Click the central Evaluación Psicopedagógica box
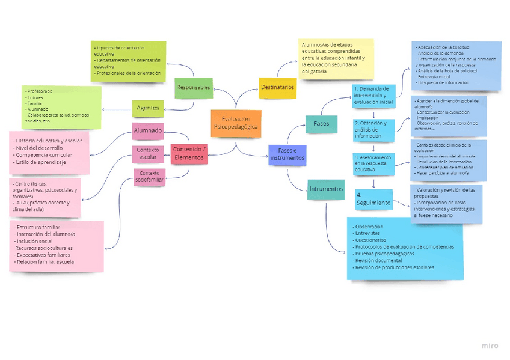[x=236, y=123]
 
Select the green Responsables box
[x=194, y=88]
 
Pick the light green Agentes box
[x=148, y=108]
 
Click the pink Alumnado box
[x=148, y=130]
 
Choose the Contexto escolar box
[x=148, y=154]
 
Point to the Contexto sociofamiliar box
[x=150, y=177]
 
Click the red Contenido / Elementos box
[x=189, y=154]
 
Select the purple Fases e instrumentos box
[x=287, y=154]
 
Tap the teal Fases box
[x=321, y=124]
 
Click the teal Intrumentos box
[x=326, y=189]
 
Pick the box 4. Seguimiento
[x=373, y=200]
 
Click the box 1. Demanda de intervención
[x=373, y=96]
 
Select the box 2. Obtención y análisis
[x=373, y=129]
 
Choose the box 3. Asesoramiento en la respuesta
[x=373, y=163]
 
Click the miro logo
[x=490, y=346]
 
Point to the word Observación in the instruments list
[x=369, y=226]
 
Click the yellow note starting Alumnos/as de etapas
[x=336, y=58]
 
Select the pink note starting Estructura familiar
[x=57, y=246]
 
